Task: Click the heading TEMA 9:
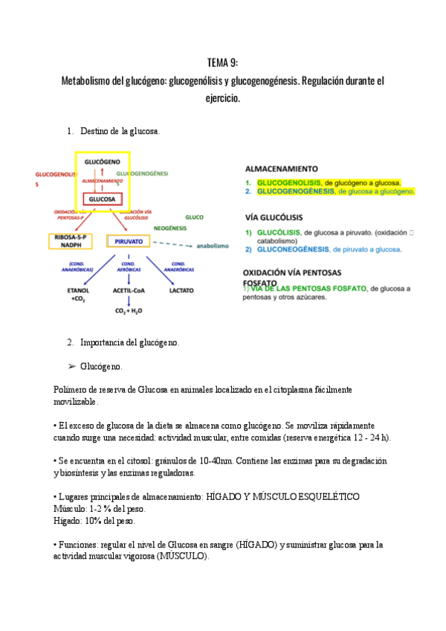click(x=222, y=62)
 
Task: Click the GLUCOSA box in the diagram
click(x=102, y=199)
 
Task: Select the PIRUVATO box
click(x=129, y=241)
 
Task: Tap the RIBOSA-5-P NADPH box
click(x=71, y=240)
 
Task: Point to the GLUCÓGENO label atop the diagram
click(x=103, y=161)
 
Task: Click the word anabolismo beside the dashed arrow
click(x=213, y=246)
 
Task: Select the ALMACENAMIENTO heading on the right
click(x=282, y=169)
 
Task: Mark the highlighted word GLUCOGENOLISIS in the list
click(x=290, y=182)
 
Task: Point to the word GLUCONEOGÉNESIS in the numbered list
click(x=294, y=250)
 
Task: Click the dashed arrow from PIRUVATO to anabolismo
click(x=172, y=244)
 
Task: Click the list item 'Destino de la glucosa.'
click(x=120, y=132)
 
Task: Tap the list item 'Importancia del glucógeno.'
click(x=129, y=343)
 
